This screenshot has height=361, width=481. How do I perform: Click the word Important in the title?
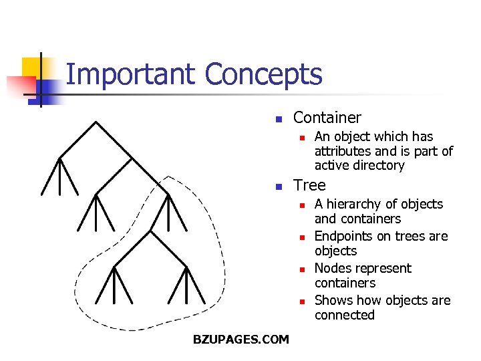coord(131,75)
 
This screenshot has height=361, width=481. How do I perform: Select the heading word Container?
coord(327,118)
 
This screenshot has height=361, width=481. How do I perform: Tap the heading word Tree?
coord(309,185)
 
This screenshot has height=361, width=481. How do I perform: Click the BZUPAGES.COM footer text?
coord(240,340)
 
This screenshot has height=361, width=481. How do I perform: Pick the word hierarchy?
coord(355,204)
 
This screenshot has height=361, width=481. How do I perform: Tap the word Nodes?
coord(333,268)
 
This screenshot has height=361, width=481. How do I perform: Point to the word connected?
coord(344,315)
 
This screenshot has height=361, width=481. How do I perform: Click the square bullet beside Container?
coord(279,120)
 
